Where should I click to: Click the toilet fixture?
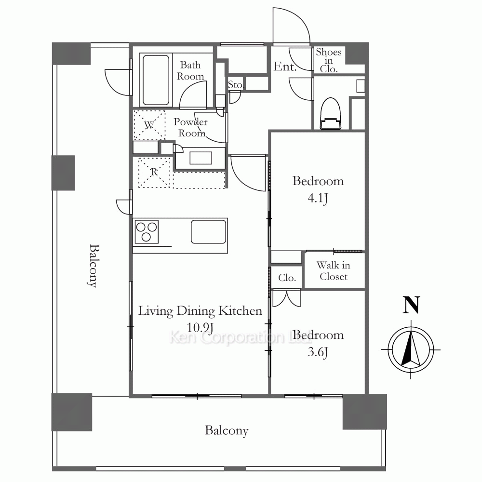(x=331, y=114)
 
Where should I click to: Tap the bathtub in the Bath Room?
(x=156, y=80)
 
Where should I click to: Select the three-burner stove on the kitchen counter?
(x=147, y=232)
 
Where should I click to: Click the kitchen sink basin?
(x=208, y=231)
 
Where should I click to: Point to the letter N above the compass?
(x=411, y=305)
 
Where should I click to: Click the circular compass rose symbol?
(x=411, y=350)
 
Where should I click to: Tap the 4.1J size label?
(x=318, y=198)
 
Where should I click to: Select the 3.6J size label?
(x=318, y=352)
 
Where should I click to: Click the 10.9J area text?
(x=200, y=327)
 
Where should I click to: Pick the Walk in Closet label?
(x=334, y=271)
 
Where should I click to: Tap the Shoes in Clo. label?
(x=329, y=60)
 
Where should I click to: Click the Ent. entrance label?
(x=285, y=67)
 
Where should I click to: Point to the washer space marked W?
(x=149, y=125)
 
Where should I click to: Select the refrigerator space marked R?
(x=154, y=172)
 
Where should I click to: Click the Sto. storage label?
(x=236, y=85)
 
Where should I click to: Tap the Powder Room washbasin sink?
(x=201, y=158)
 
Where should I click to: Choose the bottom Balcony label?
(x=227, y=431)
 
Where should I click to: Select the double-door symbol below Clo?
(x=286, y=298)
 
